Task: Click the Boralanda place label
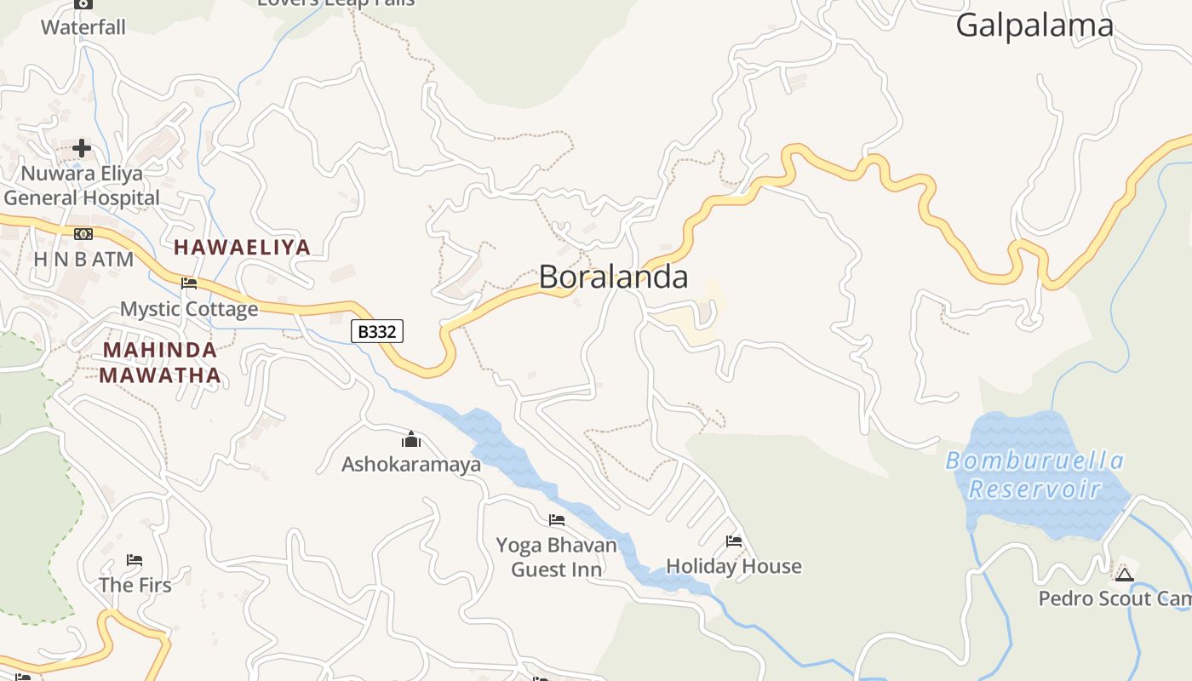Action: coord(613,277)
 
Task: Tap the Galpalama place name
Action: coord(1034,26)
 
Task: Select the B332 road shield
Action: coord(376,331)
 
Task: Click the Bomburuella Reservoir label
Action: coord(1034,475)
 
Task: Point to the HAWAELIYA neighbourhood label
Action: coord(243,248)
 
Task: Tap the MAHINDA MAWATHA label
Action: coord(160,363)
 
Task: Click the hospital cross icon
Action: coord(82,148)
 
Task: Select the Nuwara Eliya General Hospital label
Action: coord(82,186)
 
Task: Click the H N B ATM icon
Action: coord(83,234)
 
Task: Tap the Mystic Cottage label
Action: coord(189,308)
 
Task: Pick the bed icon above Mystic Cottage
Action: coord(189,283)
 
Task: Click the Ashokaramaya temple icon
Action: coord(411,439)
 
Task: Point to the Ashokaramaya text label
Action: coord(411,464)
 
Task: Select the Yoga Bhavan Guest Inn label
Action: coord(557,557)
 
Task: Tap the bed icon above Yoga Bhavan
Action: coord(557,519)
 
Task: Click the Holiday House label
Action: coord(733,566)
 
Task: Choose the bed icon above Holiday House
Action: coord(733,541)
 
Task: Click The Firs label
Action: coord(135,585)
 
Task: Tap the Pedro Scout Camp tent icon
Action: coord(1124,575)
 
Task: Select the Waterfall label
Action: coord(83,27)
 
